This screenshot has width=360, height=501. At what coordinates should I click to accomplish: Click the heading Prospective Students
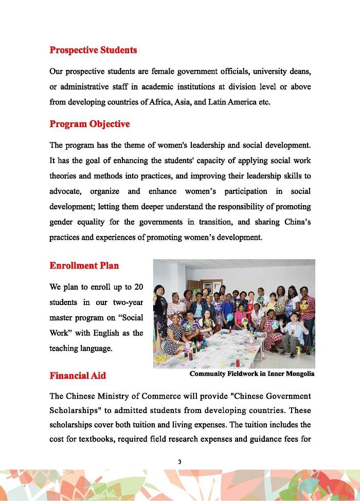pyautogui.click(x=93, y=50)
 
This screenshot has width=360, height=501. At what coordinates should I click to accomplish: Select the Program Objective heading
pyautogui.click(x=89, y=124)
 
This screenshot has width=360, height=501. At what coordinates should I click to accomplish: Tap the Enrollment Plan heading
pyautogui.click(x=84, y=266)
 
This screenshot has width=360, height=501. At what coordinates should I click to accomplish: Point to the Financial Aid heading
pyautogui.click(x=78, y=375)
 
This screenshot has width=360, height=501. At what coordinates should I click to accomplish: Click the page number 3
pyautogui.click(x=179, y=461)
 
